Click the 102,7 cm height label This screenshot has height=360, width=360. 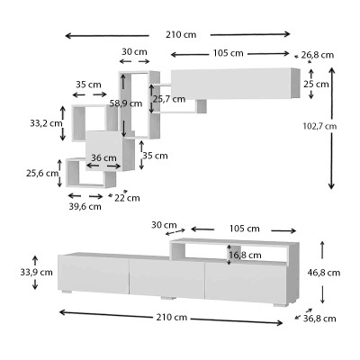[318, 126]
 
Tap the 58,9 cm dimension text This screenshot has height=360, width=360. [125, 103]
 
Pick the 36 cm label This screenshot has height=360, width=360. [104, 157]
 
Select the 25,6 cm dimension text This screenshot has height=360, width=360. [38, 173]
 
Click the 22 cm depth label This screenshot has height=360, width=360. [121, 197]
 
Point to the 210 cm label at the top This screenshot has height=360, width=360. [181, 34]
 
